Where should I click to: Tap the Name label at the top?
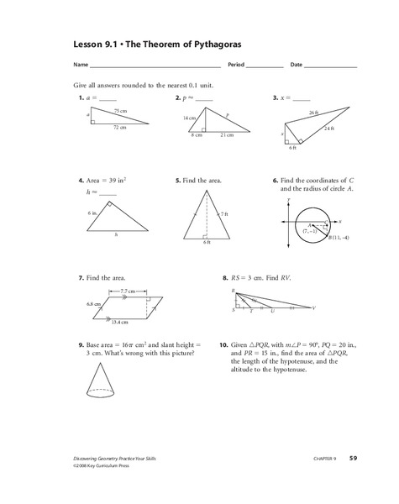coord(81,66)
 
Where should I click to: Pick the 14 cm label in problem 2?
coord(190,118)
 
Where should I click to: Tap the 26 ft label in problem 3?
coord(312,113)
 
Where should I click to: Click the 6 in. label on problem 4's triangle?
coord(92,213)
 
